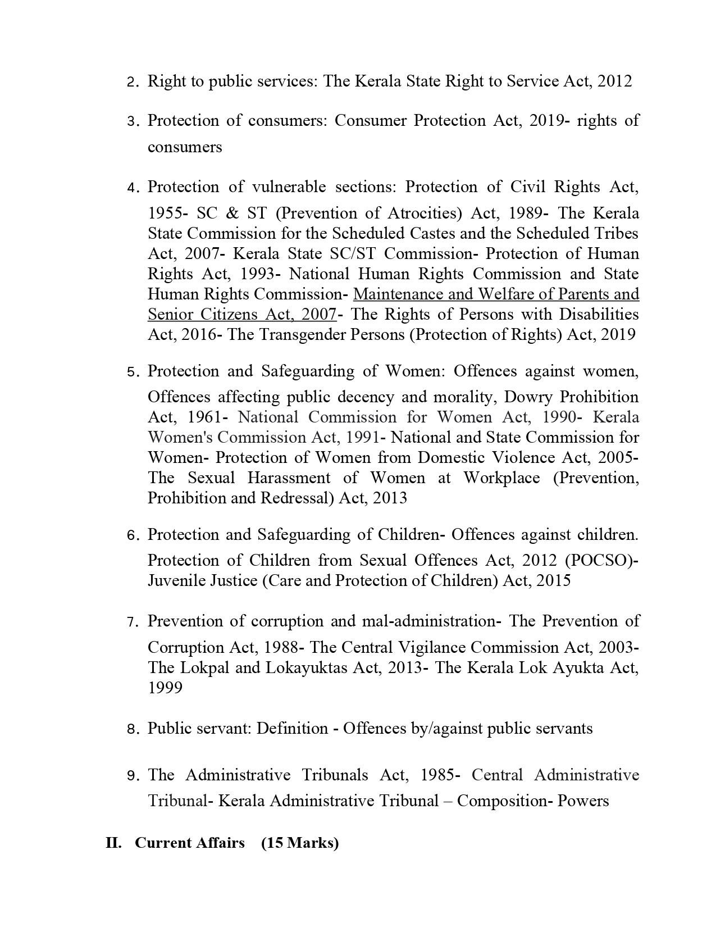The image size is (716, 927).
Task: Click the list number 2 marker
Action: (x=131, y=83)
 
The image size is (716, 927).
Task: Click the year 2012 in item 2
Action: (x=615, y=81)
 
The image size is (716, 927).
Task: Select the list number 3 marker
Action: (x=131, y=122)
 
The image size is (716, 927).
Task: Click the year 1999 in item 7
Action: (x=165, y=688)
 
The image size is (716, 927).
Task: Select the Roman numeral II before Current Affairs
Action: (x=114, y=843)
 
